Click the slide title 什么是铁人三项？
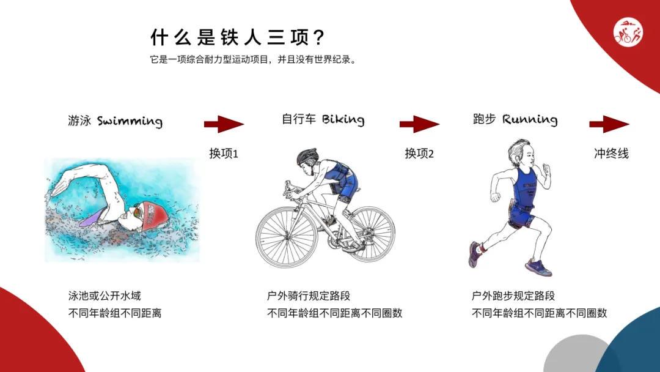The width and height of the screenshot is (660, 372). (238, 37)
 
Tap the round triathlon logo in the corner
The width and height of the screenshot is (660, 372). (628, 32)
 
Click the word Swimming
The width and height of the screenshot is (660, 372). (130, 121)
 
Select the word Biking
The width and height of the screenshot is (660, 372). (343, 120)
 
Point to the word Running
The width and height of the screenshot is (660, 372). (530, 120)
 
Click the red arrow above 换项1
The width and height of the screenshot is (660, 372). (224, 124)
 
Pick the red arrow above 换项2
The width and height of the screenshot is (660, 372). (419, 124)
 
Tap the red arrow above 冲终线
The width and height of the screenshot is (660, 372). (609, 124)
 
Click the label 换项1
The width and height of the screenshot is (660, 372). (224, 154)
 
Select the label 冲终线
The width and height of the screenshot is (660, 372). (611, 154)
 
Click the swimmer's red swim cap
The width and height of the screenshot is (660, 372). (155, 215)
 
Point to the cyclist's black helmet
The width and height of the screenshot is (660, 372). (307, 157)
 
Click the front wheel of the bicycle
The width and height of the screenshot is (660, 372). (286, 236)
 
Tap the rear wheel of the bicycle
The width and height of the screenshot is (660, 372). (368, 234)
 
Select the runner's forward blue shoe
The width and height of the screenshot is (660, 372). (538, 267)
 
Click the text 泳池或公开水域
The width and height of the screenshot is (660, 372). (105, 296)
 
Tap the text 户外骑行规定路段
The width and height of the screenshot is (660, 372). (309, 296)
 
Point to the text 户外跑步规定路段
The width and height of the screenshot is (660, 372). (513, 296)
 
